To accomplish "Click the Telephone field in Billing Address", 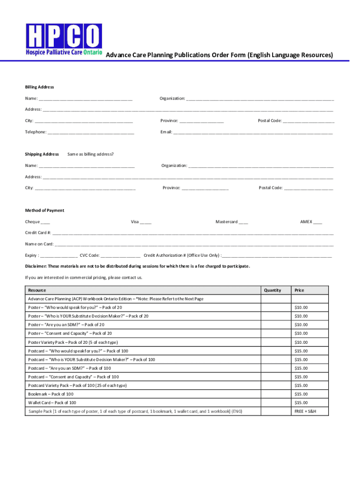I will pyautogui.click(x=91, y=132).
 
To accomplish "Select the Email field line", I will pyautogui.click(x=252, y=132).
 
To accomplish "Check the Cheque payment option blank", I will pyautogui.click(x=45, y=222).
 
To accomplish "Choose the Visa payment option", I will pyautogui.click(x=145, y=222).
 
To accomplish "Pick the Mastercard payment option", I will pyautogui.click(x=243, y=222).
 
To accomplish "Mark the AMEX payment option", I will pyautogui.click(x=317, y=222).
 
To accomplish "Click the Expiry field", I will pyautogui.click(x=59, y=255).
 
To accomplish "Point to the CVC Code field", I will pyautogui.click(x=120, y=255).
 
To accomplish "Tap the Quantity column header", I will pyautogui.click(x=273, y=290).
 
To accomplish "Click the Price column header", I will pyautogui.click(x=299, y=290).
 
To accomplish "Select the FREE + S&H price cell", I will pyautogui.click(x=305, y=411).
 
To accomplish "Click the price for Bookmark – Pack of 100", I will pyautogui.click(x=301, y=394).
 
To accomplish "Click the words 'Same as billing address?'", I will pyautogui.click(x=90, y=154).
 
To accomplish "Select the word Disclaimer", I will pyautogui.click(x=36, y=266).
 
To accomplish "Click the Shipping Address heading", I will pyautogui.click(x=42, y=154).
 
